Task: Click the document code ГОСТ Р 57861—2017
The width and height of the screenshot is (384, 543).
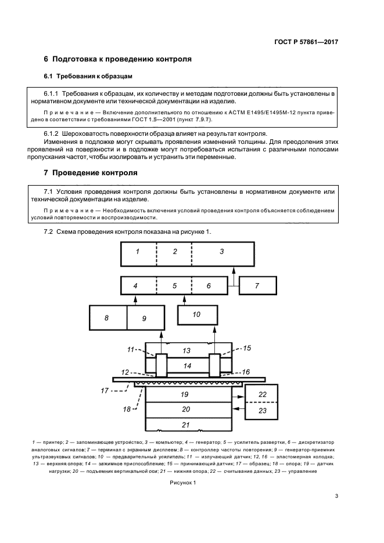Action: pos(306,42)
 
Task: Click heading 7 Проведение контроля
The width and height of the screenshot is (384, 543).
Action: pos(91,173)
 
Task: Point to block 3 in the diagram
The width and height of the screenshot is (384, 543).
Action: pos(222,252)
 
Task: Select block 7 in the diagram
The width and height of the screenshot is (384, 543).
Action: pos(257,287)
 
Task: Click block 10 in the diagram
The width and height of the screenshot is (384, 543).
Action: pos(196,314)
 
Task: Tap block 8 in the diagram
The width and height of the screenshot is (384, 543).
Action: pos(107,318)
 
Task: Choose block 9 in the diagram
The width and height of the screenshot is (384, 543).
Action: pos(144,318)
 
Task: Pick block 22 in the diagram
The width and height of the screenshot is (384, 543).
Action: pos(263,394)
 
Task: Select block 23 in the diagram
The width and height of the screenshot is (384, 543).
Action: pos(263,411)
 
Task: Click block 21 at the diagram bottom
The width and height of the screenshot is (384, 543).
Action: pos(186,425)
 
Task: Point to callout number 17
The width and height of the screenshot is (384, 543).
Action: pos(105,390)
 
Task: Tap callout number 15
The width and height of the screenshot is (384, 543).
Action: pos(246,348)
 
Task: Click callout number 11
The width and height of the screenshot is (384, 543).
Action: pos(131,350)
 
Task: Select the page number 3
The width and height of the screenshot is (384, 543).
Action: pos(336,495)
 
